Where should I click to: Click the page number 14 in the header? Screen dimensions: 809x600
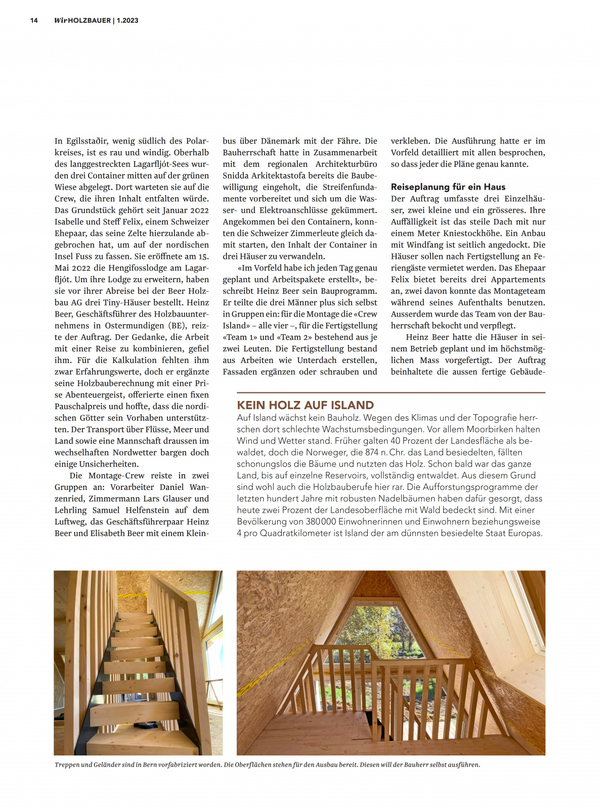34,21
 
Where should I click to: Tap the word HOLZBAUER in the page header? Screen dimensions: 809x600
89,21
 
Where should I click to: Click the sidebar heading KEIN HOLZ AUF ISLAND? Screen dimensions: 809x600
305,405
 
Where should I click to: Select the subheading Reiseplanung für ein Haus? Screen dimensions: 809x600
448,187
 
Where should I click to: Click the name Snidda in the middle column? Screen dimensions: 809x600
237,175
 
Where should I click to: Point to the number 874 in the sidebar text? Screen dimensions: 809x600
371,452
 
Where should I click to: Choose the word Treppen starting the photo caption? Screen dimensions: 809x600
67,765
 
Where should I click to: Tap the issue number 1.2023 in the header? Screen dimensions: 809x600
127,21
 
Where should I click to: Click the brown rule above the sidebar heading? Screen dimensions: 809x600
391,392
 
